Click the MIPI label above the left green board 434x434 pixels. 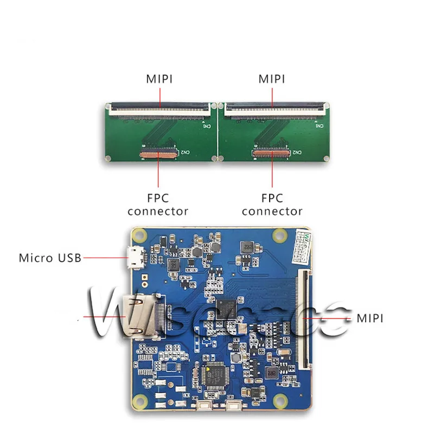pyautogui.click(x=159, y=79)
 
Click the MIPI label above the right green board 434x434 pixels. pyautogui.click(x=272, y=79)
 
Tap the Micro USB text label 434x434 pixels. pyautogui.click(x=50, y=258)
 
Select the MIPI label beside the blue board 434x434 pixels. pyautogui.click(x=369, y=318)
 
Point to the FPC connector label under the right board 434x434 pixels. pyautogui.click(x=272, y=205)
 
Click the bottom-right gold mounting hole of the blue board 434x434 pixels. pyautogui.click(x=282, y=402)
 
